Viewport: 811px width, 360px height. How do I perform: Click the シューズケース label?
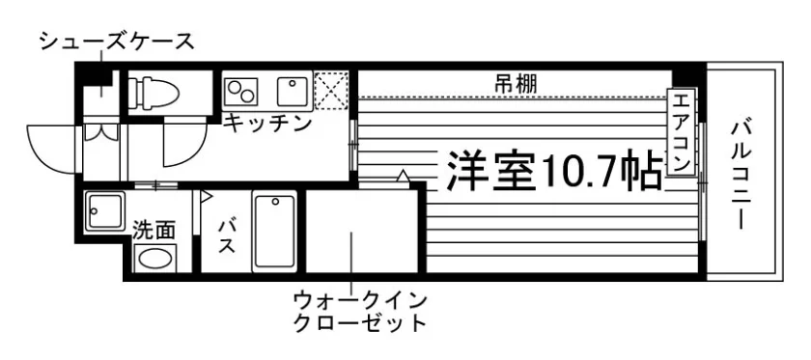[117, 42]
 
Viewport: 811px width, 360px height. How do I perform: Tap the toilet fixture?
[154, 93]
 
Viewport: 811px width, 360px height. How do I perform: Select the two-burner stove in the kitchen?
[241, 91]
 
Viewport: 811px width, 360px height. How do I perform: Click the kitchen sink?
[294, 91]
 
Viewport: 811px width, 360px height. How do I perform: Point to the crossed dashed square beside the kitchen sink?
[331, 91]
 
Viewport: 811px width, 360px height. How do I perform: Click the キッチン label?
[267, 125]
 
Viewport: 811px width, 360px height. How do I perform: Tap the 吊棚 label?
[516, 84]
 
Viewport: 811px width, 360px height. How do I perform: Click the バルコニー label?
[741, 175]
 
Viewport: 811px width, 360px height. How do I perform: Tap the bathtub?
[274, 232]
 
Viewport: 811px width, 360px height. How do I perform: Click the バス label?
[226, 235]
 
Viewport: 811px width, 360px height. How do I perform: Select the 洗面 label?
[154, 230]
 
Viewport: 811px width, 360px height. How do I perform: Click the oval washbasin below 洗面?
[154, 258]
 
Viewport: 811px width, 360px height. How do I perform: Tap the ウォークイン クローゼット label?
[359, 312]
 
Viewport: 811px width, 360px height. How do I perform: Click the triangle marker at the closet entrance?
[403, 176]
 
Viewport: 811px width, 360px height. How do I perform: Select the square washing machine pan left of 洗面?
[104, 211]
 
